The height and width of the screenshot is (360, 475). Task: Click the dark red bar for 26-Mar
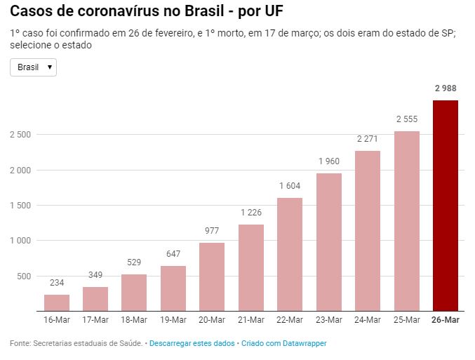click(x=446, y=206)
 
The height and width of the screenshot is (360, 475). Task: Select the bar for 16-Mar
click(x=57, y=302)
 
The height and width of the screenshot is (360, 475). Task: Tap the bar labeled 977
click(x=212, y=276)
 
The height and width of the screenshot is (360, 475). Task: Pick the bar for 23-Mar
click(x=329, y=242)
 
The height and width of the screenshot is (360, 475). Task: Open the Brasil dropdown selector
click(x=33, y=67)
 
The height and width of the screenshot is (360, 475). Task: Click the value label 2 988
click(x=446, y=88)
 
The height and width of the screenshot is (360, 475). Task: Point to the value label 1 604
click(x=290, y=186)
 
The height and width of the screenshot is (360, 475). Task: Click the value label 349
click(x=95, y=274)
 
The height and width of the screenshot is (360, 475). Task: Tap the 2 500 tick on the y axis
click(x=22, y=135)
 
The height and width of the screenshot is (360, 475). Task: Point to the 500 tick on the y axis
click(x=26, y=276)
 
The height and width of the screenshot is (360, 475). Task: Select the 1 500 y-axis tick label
click(x=22, y=206)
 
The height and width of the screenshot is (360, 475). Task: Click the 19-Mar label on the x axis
click(x=173, y=319)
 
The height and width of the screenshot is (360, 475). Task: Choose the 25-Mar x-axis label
click(x=407, y=319)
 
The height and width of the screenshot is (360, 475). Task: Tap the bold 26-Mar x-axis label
click(x=446, y=319)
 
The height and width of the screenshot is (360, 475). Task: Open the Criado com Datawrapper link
click(x=284, y=343)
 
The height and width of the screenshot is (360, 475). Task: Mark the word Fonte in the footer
click(x=20, y=343)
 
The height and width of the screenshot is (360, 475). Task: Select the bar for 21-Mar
click(x=251, y=267)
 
